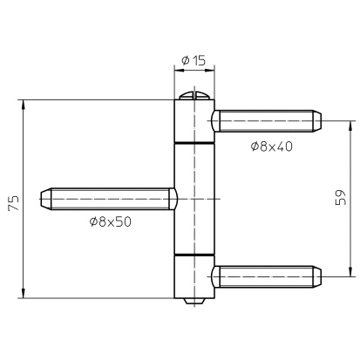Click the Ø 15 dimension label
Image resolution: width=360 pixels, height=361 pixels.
coord(194,60)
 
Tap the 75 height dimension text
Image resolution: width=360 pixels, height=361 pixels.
coord(14,203)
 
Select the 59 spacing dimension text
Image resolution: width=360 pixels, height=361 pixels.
coord(341,198)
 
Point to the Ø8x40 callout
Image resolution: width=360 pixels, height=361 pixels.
coord(271,146)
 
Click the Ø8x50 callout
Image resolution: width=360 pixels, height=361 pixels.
coord(111,222)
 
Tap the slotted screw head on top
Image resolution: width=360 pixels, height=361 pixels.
coord(194,96)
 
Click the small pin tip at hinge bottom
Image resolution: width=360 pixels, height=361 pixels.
coord(194,302)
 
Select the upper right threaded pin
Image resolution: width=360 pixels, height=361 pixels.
coord(267,121)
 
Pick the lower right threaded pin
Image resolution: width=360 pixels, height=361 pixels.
coord(267,276)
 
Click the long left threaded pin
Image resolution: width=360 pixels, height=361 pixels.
coord(108,199)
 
